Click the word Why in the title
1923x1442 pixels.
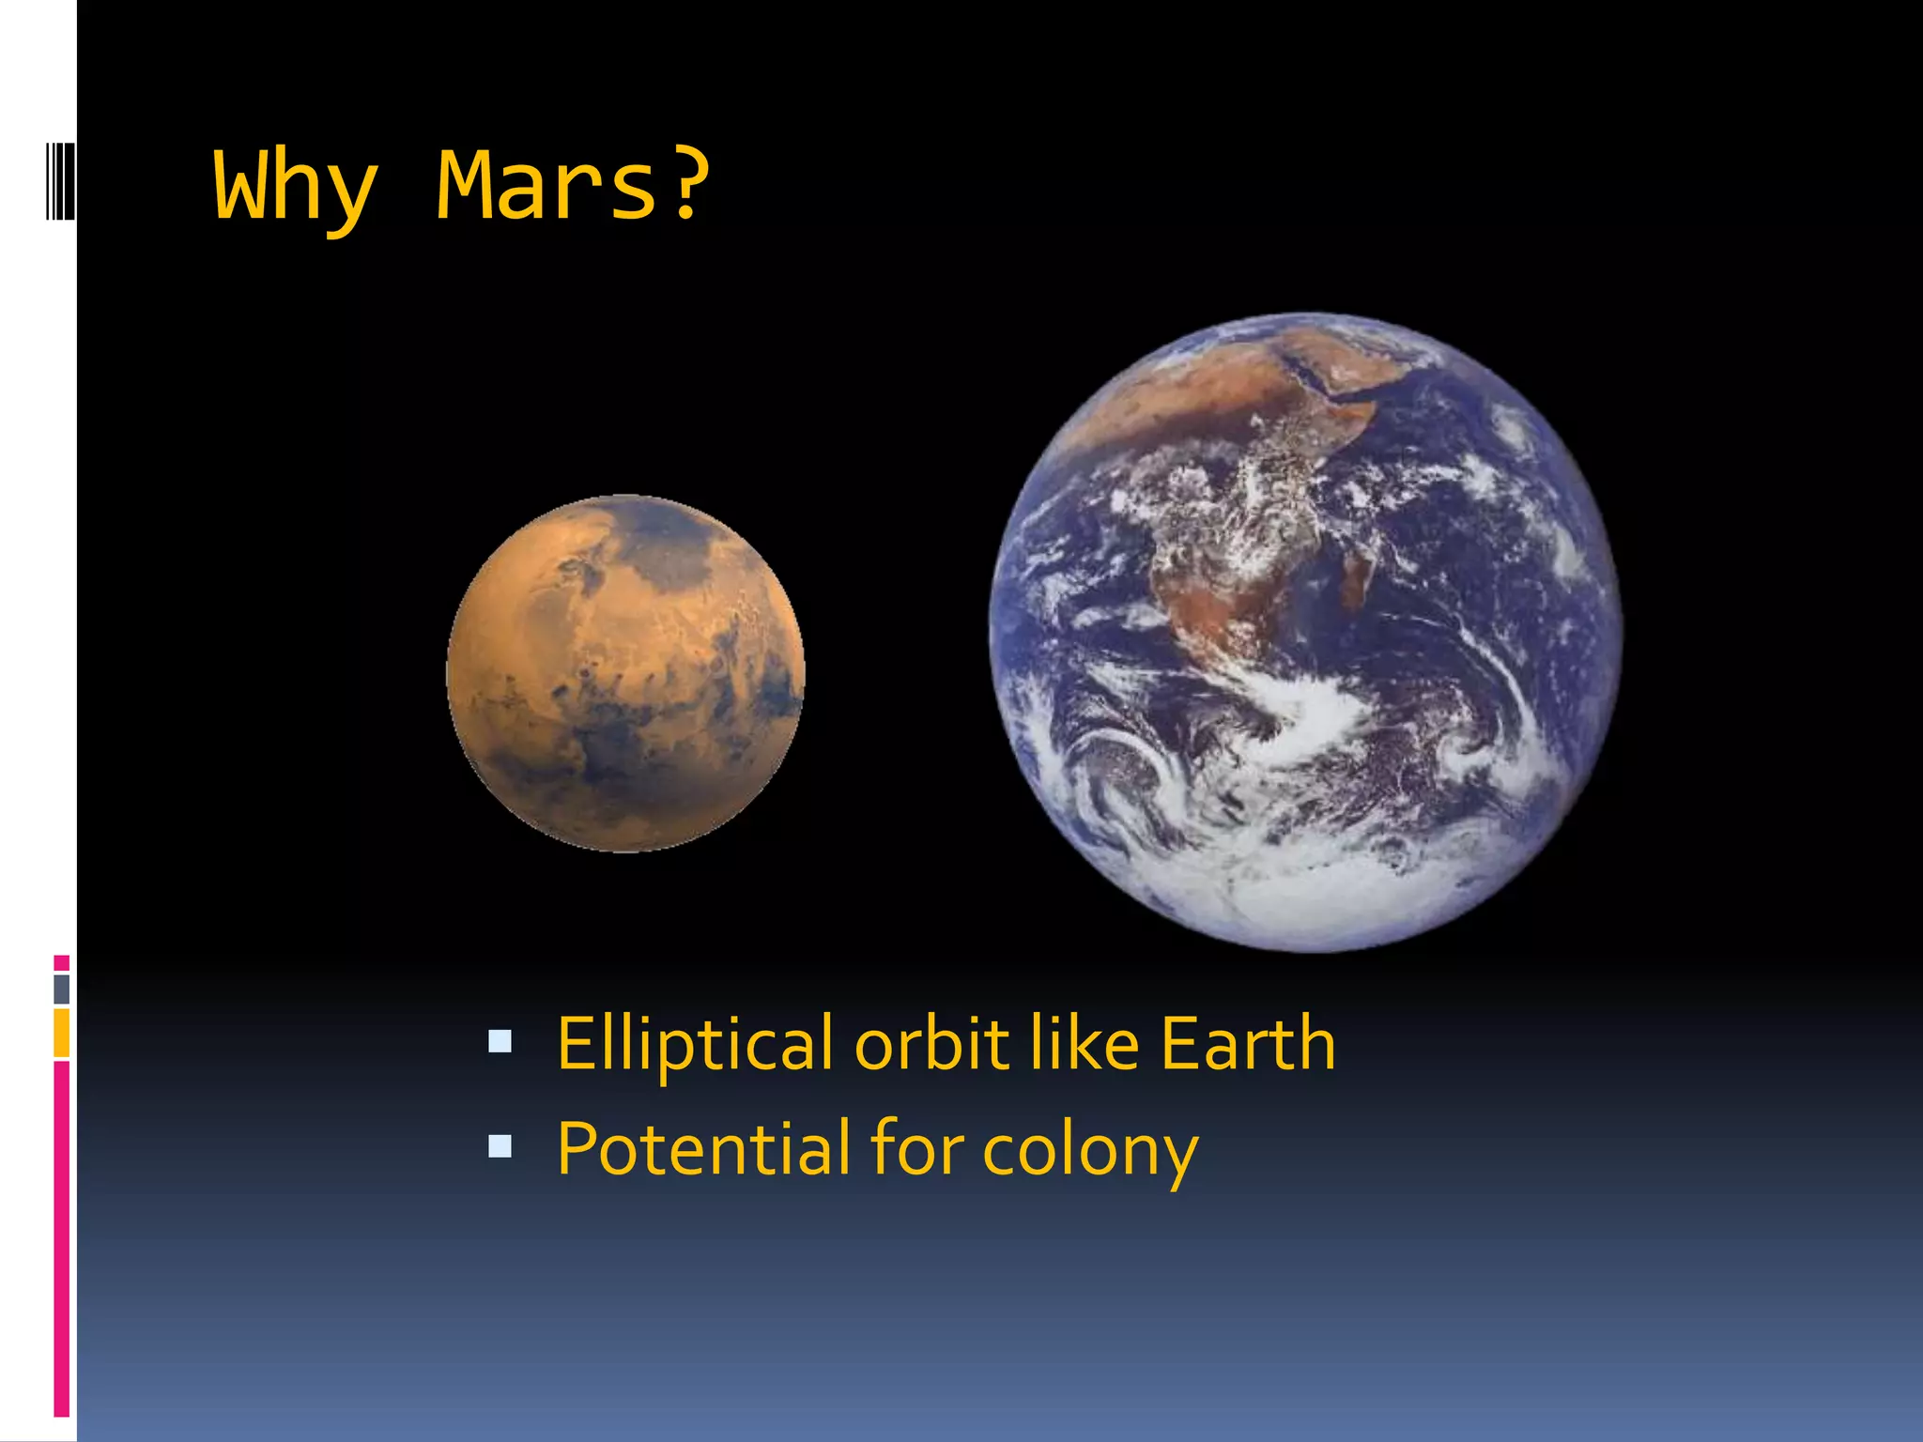(x=296, y=188)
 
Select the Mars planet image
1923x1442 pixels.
(x=625, y=673)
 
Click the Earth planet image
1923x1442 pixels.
(x=1305, y=632)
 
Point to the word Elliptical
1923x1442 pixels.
(x=694, y=1044)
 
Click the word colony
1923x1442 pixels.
(x=1090, y=1151)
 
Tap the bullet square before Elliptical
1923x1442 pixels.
(x=500, y=1041)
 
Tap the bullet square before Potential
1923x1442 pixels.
(x=500, y=1146)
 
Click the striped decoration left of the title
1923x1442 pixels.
(x=61, y=180)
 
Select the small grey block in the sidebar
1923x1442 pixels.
(x=62, y=989)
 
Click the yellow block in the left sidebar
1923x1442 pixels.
(x=62, y=1033)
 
